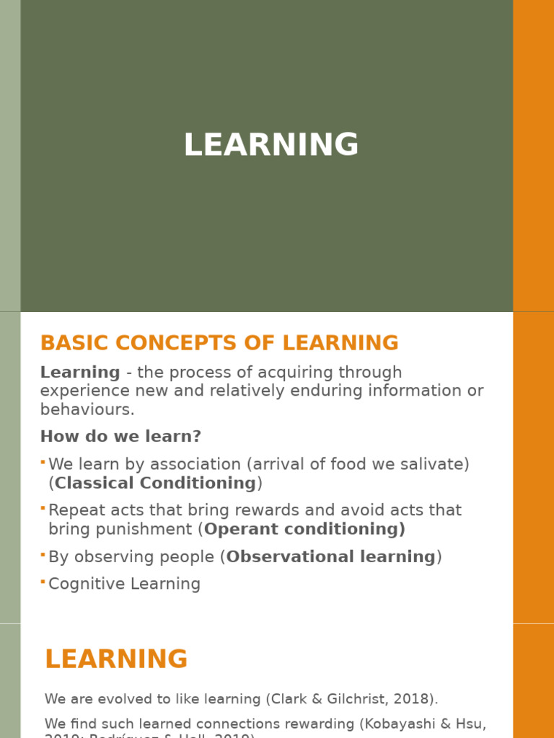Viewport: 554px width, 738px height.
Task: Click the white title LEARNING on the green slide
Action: click(271, 145)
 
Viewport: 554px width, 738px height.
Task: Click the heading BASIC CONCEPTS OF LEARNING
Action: click(219, 343)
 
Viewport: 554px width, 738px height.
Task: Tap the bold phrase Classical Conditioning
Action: click(155, 483)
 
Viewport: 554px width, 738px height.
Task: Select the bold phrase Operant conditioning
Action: click(304, 529)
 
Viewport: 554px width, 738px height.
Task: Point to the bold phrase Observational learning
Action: click(331, 556)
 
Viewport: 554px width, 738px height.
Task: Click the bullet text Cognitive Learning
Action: click(124, 584)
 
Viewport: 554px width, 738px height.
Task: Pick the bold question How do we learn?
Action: click(120, 437)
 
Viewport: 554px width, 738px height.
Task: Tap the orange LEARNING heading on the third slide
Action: click(116, 659)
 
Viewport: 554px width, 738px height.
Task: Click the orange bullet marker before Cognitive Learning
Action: click(43, 581)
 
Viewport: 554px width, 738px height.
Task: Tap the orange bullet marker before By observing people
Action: click(43, 553)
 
